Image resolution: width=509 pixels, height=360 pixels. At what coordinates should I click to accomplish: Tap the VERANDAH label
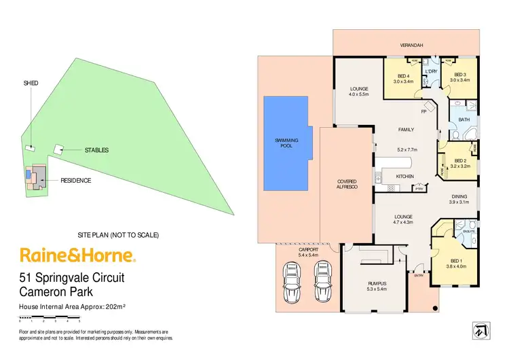click(411, 45)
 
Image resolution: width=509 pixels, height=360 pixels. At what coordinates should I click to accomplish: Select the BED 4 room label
click(403, 75)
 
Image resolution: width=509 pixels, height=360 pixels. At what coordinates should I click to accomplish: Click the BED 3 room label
click(459, 75)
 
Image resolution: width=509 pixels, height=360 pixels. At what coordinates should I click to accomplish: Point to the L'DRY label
click(430, 71)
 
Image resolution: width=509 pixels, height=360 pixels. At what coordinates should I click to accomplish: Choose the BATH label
click(464, 120)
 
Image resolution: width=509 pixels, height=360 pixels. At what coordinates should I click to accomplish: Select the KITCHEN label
click(405, 177)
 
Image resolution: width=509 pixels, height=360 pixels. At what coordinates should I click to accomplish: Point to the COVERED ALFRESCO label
click(346, 184)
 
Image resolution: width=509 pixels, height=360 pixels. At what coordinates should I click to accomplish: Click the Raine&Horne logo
click(78, 256)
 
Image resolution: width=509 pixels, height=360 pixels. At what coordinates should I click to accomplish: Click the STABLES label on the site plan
click(96, 150)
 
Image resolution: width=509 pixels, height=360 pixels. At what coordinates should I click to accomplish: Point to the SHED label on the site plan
click(31, 83)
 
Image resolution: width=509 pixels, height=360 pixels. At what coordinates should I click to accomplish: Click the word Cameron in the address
click(45, 293)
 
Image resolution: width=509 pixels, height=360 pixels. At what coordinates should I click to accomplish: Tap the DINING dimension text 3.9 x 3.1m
click(459, 202)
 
